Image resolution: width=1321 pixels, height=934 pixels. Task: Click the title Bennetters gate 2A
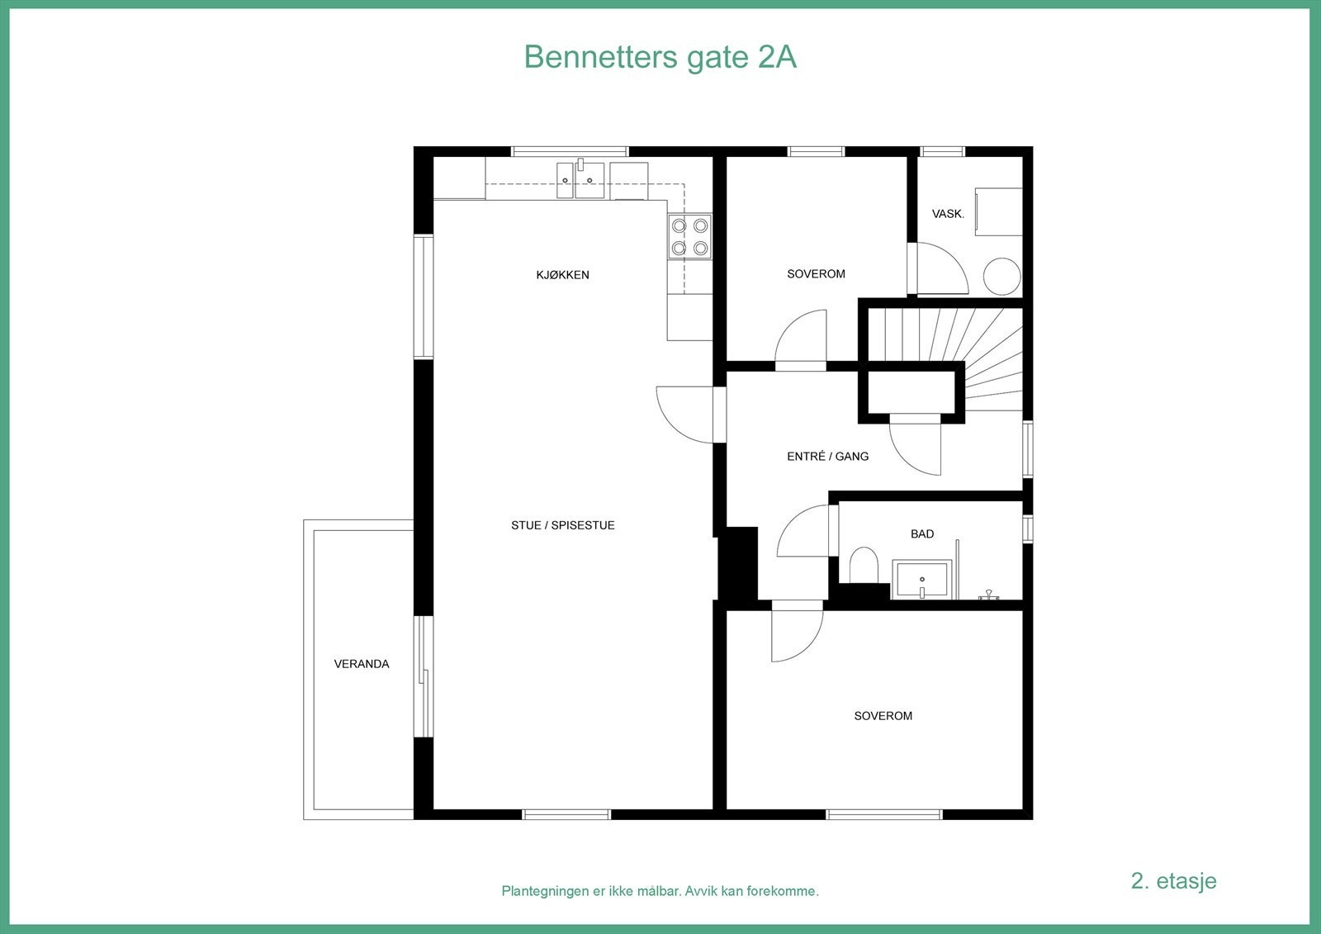coord(660,58)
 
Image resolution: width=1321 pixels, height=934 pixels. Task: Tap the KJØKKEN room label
coord(562,275)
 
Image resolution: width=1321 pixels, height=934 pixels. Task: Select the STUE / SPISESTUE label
coord(562,525)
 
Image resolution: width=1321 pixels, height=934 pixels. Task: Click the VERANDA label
coord(361,664)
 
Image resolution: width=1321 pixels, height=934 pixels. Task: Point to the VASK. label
coord(948,214)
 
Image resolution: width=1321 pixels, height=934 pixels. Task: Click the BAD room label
coord(922,534)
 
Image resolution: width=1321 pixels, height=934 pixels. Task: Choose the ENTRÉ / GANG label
coord(827,456)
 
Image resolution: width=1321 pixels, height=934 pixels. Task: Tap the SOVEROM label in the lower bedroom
coord(883,716)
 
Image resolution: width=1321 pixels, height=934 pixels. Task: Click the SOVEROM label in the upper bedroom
coord(816,274)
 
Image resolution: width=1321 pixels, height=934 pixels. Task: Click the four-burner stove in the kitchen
coord(689,236)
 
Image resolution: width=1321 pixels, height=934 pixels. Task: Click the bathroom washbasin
coord(921,580)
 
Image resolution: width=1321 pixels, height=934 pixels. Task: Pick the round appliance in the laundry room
coord(1001,276)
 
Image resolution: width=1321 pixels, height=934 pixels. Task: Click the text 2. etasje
coord(1173,880)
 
